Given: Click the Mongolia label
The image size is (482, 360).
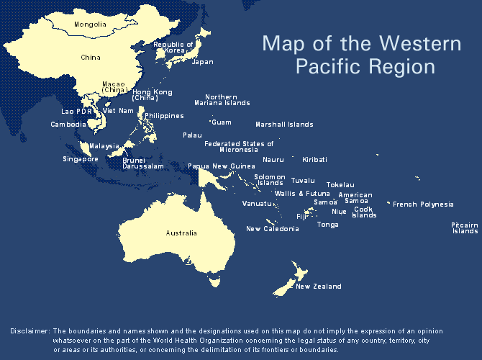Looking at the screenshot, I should [x=91, y=24].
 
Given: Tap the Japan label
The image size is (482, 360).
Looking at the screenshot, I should [x=202, y=62].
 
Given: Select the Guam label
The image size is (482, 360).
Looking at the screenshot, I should [x=222, y=122].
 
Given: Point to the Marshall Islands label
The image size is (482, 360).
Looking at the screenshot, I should [x=284, y=125].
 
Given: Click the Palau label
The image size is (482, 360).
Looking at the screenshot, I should [x=192, y=135].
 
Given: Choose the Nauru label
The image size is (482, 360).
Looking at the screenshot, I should [x=273, y=159].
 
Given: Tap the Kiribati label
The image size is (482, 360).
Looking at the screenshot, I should [x=314, y=159].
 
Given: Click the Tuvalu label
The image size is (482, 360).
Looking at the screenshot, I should [x=303, y=180].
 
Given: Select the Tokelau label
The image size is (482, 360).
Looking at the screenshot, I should [x=340, y=185].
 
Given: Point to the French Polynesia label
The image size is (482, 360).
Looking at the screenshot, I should [x=423, y=204].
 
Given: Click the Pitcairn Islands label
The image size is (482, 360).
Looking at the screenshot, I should [x=465, y=228].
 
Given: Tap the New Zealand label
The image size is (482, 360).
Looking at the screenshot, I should [x=318, y=287].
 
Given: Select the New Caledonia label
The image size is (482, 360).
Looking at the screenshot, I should [x=272, y=229].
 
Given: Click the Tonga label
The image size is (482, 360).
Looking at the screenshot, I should [x=327, y=225].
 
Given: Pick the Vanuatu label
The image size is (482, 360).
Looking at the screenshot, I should [x=257, y=204].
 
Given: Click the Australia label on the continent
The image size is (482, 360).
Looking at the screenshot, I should [x=181, y=233].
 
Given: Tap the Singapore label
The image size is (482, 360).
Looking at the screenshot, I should [x=80, y=159].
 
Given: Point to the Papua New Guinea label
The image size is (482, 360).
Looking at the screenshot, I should [x=221, y=166].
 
